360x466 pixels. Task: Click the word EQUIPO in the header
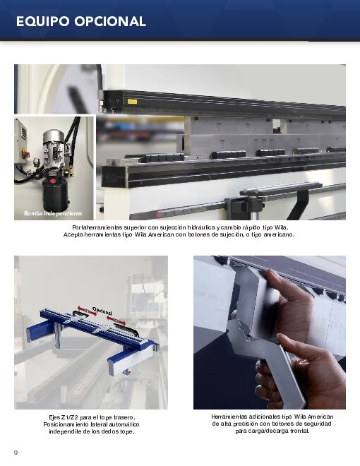pos(43,21)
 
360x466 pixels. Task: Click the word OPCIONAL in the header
pos(110,21)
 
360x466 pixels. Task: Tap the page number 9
pos(16,453)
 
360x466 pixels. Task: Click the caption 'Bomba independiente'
pos(53,213)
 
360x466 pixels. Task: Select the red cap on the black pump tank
pos(53,181)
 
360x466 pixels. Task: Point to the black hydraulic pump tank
pos(55,195)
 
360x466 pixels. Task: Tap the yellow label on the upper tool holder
pos(133,102)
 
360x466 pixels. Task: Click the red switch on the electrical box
pos(26,154)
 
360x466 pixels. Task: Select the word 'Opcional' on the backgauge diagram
pos(102,311)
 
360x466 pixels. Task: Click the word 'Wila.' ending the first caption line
pos(281,227)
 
